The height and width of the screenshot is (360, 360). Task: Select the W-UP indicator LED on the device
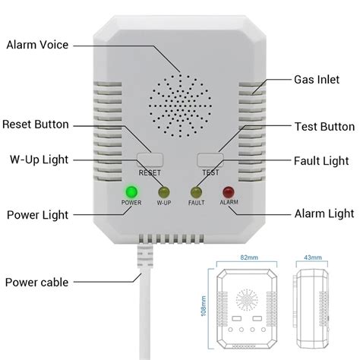164,192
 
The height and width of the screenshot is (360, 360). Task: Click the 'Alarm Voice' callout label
38,46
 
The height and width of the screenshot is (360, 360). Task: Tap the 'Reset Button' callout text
36,124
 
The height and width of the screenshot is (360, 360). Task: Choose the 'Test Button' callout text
322,126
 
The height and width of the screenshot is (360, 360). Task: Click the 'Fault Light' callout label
321,160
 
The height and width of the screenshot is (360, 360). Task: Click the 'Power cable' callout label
38,283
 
